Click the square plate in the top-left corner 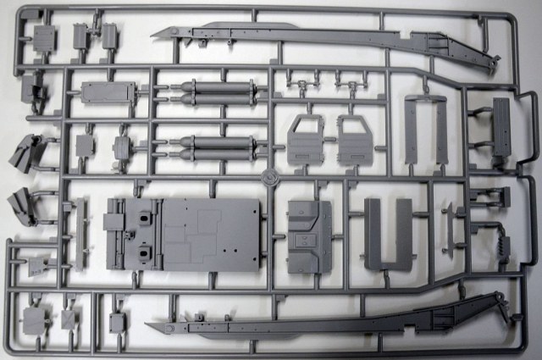42,36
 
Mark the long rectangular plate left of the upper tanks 108,92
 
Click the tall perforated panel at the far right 501,129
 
